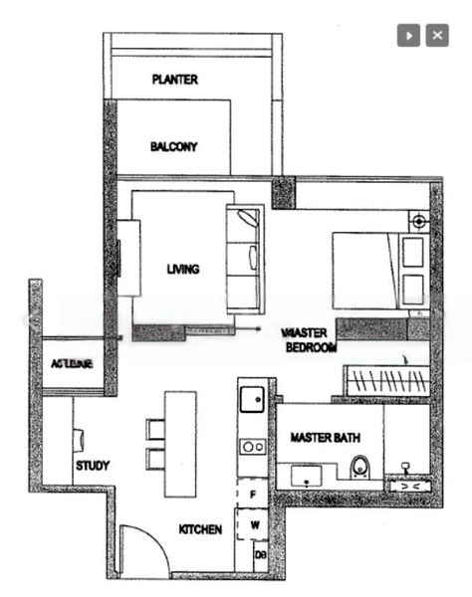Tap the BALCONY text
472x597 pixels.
[173, 146]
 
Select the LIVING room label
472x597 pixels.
[183, 269]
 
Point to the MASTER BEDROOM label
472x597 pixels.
[310, 340]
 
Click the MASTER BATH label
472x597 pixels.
[325, 438]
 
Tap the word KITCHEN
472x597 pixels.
[200, 528]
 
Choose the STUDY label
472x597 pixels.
[93, 465]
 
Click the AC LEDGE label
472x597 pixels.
[72, 364]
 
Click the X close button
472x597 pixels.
[437, 35]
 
